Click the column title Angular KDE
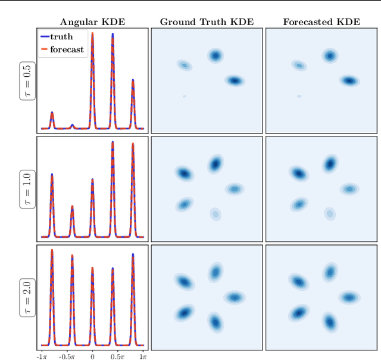(x=92, y=22)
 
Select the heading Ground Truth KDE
(x=207, y=22)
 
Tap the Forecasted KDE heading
(x=321, y=22)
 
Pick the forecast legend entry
(x=61, y=49)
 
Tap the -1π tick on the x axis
(x=42, y=356)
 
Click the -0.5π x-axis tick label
(x=67, y=356)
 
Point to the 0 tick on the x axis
(x=92, y=356)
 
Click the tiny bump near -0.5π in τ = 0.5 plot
(x=72, y=126)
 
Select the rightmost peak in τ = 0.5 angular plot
(x=132, y=80)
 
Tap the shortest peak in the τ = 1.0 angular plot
(x=72, y=207)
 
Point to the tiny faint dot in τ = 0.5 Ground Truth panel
(x=185, y=96)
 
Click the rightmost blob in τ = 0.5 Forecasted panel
(x=349, y=80)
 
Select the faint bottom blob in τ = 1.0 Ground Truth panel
(x=215, y=213)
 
